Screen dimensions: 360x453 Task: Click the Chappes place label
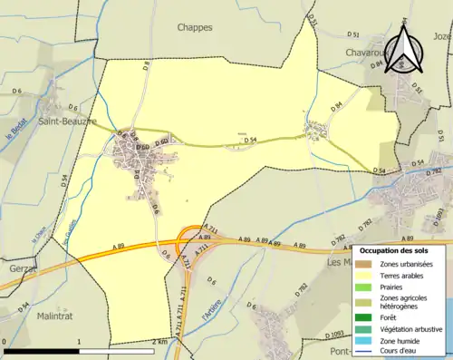point(196,27)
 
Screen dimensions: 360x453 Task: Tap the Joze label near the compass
point(442,36)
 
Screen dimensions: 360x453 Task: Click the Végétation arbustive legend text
point(412,329)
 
